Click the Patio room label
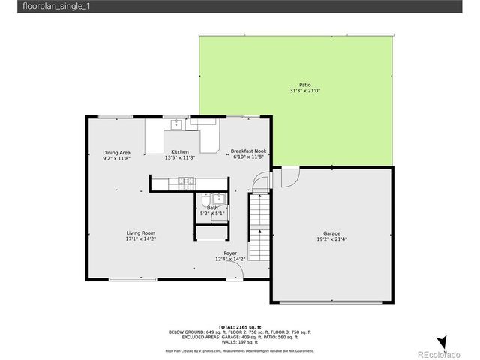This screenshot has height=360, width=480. click(304, 85)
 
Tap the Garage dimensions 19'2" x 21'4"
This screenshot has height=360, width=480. click(331, 239)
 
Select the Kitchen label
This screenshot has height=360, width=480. click(180, 151)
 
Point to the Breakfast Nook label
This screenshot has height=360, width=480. click(248, 151)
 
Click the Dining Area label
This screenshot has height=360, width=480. click(116, 152)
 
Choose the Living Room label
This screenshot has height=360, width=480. click(140, 232)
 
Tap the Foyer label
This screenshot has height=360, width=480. click(230, 253)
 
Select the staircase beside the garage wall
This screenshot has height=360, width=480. click(259, 225)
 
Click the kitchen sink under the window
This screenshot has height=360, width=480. click(177, 124)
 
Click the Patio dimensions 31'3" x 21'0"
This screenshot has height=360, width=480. click(304, 91)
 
